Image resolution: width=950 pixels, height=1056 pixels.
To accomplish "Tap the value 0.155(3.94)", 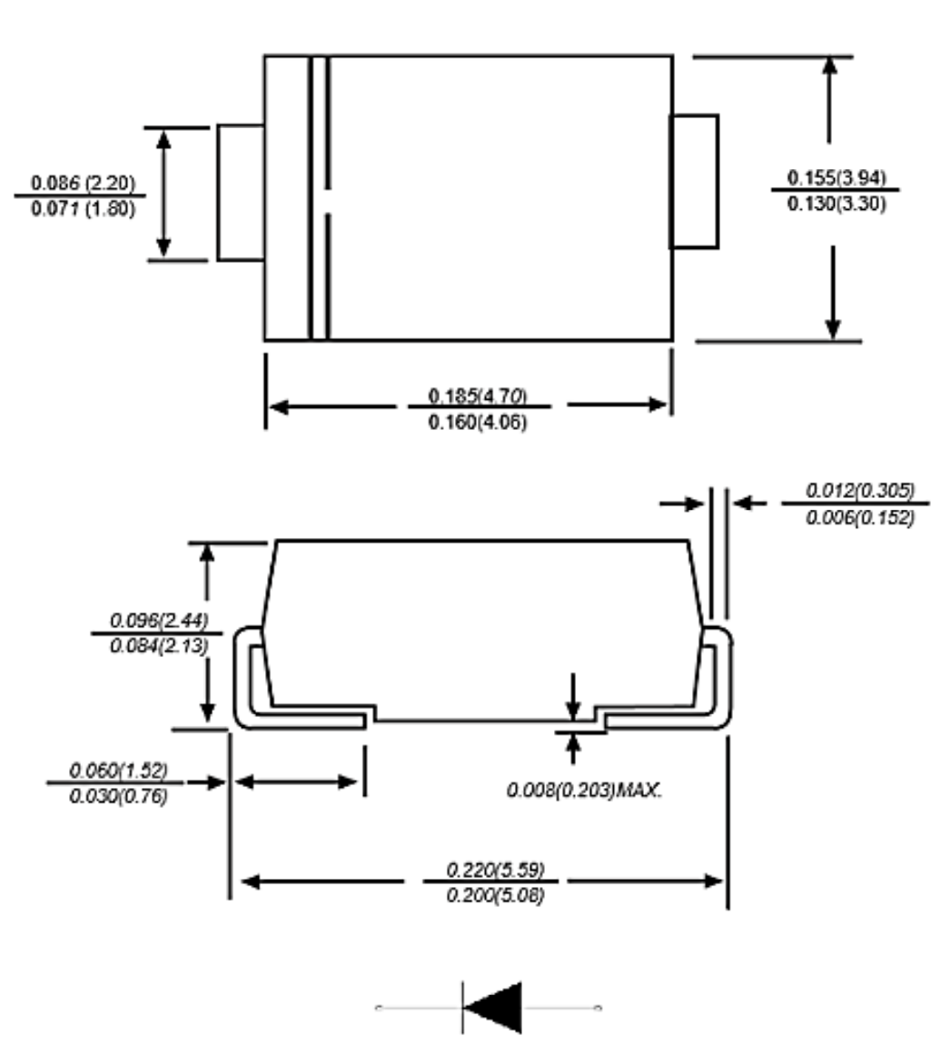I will [x=836, y=177].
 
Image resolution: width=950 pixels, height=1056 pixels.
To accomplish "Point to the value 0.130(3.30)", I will [x=836, y=204].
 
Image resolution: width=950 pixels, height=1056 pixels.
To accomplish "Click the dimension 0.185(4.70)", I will [x=478, y=396].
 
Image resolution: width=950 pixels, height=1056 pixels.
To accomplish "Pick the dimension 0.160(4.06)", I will [x=478, y=423].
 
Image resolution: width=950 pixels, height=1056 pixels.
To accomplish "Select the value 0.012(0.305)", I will [x=860, y=491].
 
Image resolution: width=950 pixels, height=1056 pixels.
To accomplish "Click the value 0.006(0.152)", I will [x=860, y=517].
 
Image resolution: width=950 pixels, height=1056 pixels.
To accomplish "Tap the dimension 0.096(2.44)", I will [x=159, y=621].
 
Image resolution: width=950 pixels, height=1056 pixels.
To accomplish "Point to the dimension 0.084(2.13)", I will [x=159, y=646].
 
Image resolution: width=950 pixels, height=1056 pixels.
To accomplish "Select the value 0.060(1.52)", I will [x=119, y=772].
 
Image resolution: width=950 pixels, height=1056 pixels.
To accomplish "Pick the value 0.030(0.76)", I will [x=119, y=798].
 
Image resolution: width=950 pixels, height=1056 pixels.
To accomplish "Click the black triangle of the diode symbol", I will [x=498, y=1007].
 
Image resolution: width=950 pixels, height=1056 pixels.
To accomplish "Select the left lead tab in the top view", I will [x=241, y=193].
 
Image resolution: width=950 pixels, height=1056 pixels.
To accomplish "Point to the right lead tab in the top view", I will [x=694, y=182].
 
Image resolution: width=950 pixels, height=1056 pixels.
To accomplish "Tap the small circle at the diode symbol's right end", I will [x=598, y=1008].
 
